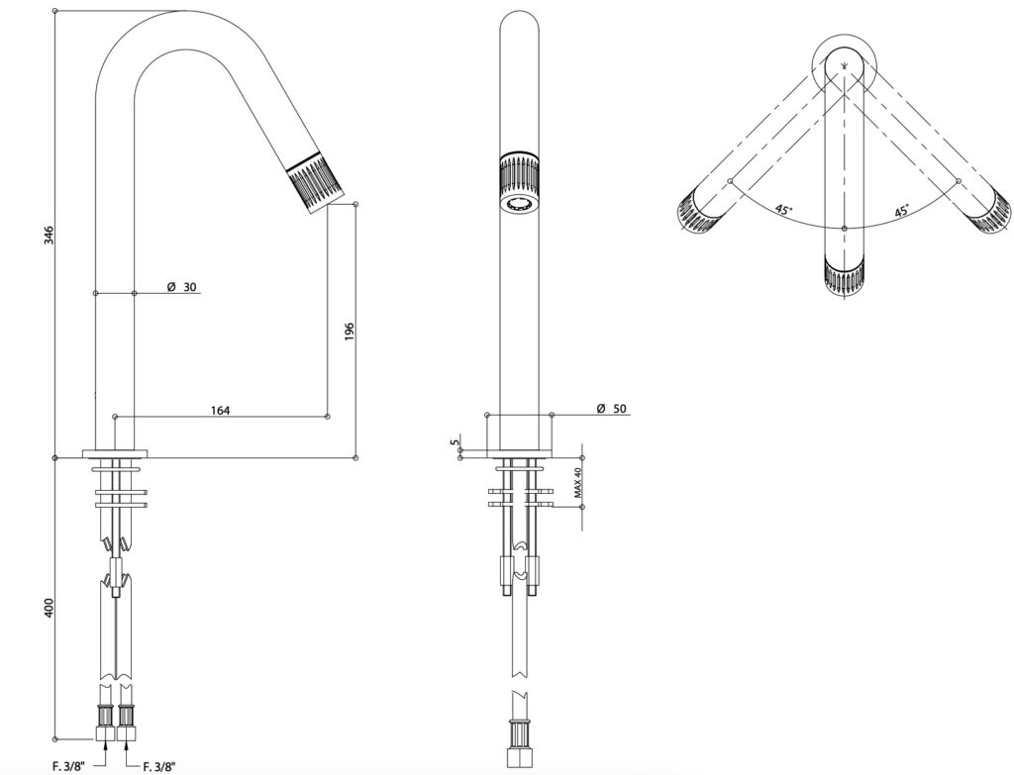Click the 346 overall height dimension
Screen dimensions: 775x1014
pos(49,236)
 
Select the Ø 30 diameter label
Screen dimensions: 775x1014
pos(182,287)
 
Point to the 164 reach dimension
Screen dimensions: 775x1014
pos(220,410)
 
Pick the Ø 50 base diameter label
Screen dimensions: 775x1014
pos(613,409)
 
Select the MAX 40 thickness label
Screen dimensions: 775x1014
pos(574,484)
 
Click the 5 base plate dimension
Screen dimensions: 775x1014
pos(455,444)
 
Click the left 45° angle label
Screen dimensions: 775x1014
pos(783,210)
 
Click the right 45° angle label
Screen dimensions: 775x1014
pos(902,211)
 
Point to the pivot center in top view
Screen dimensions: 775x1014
pos(844,66)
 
